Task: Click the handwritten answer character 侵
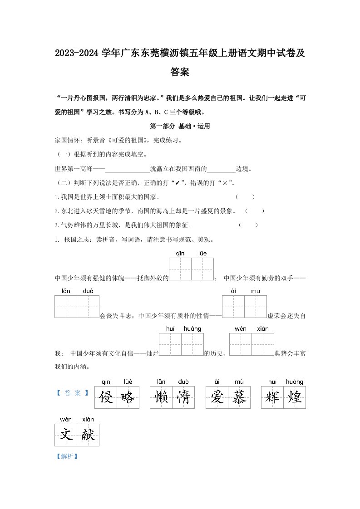(x=106, y=397)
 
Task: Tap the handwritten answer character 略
(x=128, y=397)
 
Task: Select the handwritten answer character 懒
(x=161, y=397)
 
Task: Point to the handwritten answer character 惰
(x=183, y=397)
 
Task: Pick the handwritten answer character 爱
(x=217, y=397)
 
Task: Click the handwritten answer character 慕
(x=239, y=397)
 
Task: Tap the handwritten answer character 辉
(x=272, y=397)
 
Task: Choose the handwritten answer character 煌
(x=295, y=397)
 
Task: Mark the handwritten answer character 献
(x=88, y=435)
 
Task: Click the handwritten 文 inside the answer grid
(x=66, y=435)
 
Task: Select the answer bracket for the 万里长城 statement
(x=248, y=225)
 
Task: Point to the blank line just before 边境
(x=221, y=170)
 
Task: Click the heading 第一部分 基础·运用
(x=180, y=127)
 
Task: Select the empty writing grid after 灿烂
(x=181, y=344)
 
